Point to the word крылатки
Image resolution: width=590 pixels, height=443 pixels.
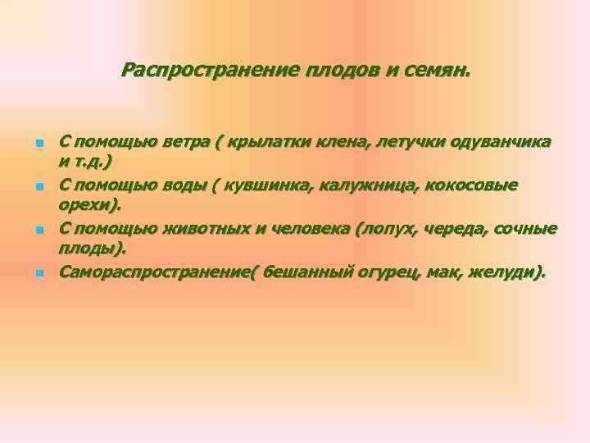pyautogui.click(x=265, y=142)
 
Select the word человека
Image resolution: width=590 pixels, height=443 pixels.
pyautogui.click(x=306, y=227)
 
